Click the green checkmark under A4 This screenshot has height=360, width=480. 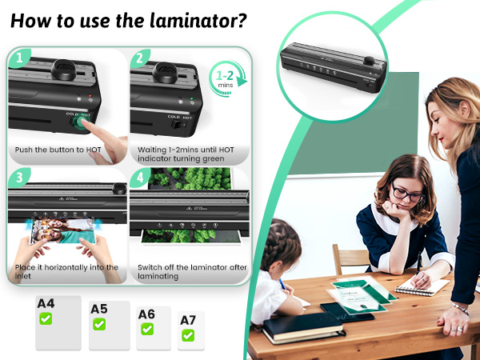[x=46, y=318]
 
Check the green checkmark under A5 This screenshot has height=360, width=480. [x=99, y=325]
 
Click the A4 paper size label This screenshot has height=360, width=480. [x=47, y=303]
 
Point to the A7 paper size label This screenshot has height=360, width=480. [x=188, y=321]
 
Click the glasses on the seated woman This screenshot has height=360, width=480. [x=407, y=194]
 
